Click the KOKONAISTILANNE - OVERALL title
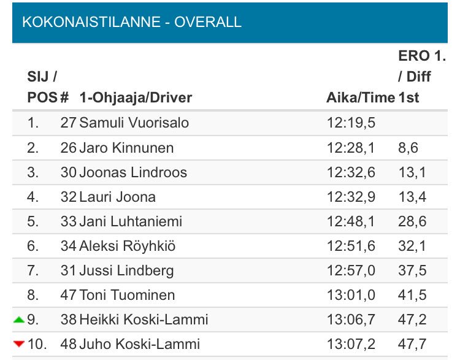point(132,22)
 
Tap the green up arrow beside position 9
point(19,320)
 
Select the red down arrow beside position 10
point(19,344)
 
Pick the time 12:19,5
point(351,123)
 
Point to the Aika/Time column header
point(361,98)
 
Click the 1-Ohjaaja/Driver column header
point(136,98)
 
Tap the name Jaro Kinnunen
point(126,147)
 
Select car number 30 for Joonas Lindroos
point(68,172)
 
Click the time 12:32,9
point(351,196)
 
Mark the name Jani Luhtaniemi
point(131,221)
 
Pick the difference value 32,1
point(412,246)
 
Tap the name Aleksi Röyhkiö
point(128,246)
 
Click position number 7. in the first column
point(33,270)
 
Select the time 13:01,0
point(351,295)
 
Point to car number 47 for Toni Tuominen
point(68,295)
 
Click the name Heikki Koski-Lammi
point(144,320)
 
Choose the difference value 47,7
point(412,344)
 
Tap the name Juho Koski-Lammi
point(139,344)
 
